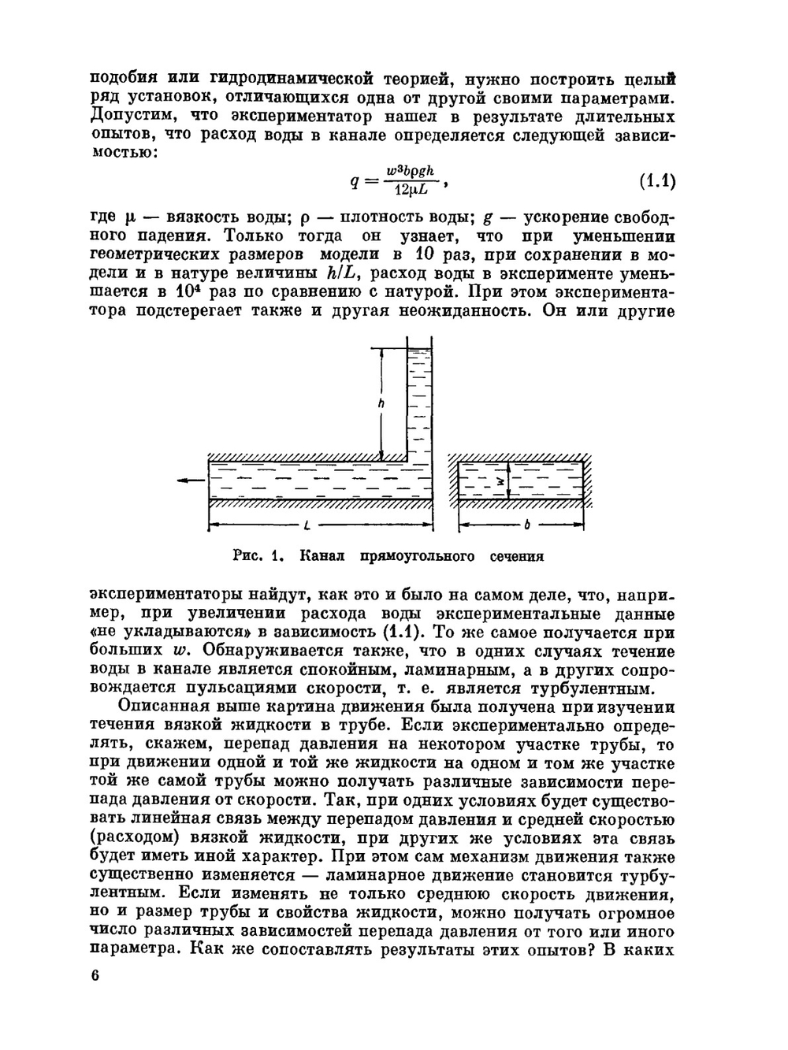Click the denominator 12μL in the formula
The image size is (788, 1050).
pos(411,190)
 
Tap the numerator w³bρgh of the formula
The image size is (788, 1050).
pos(415,172)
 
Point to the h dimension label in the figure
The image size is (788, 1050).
pos(381,403)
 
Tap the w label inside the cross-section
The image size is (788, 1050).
pos(499,479)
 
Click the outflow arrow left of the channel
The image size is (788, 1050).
pos(188,481)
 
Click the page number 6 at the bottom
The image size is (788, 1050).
pos(95,976)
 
